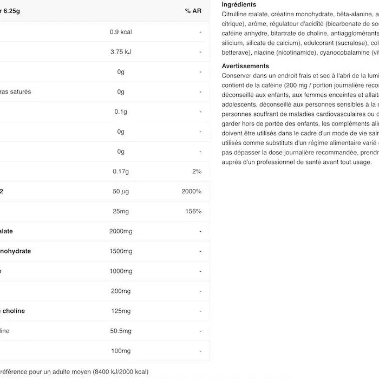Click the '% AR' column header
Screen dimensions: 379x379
[x=193, y=11]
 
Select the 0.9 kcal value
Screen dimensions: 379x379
[x=121, y=32]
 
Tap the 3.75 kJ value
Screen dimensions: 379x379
[x=121, y=52]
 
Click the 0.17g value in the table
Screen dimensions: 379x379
[x=121, y=172]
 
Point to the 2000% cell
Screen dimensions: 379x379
[x=192, y=192]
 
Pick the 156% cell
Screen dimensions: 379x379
[x=193, y=211]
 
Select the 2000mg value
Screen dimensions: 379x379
[x=121, y=231]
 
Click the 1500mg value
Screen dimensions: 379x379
[x=121, y=251]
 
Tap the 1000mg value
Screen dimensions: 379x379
[x=121, y=271]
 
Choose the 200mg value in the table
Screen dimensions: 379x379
[x=121, y=291]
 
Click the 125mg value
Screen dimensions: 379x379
[x=121, y=311]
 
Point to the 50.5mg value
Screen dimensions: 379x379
[x=121, y=331]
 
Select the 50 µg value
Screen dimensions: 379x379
[x=121, y=192]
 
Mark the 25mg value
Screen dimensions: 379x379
[x=121, y=211]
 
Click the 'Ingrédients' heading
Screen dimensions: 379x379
[x=239, y=4]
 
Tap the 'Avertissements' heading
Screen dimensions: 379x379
[x=245, y=66]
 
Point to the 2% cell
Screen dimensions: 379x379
[x=197, y=172]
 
